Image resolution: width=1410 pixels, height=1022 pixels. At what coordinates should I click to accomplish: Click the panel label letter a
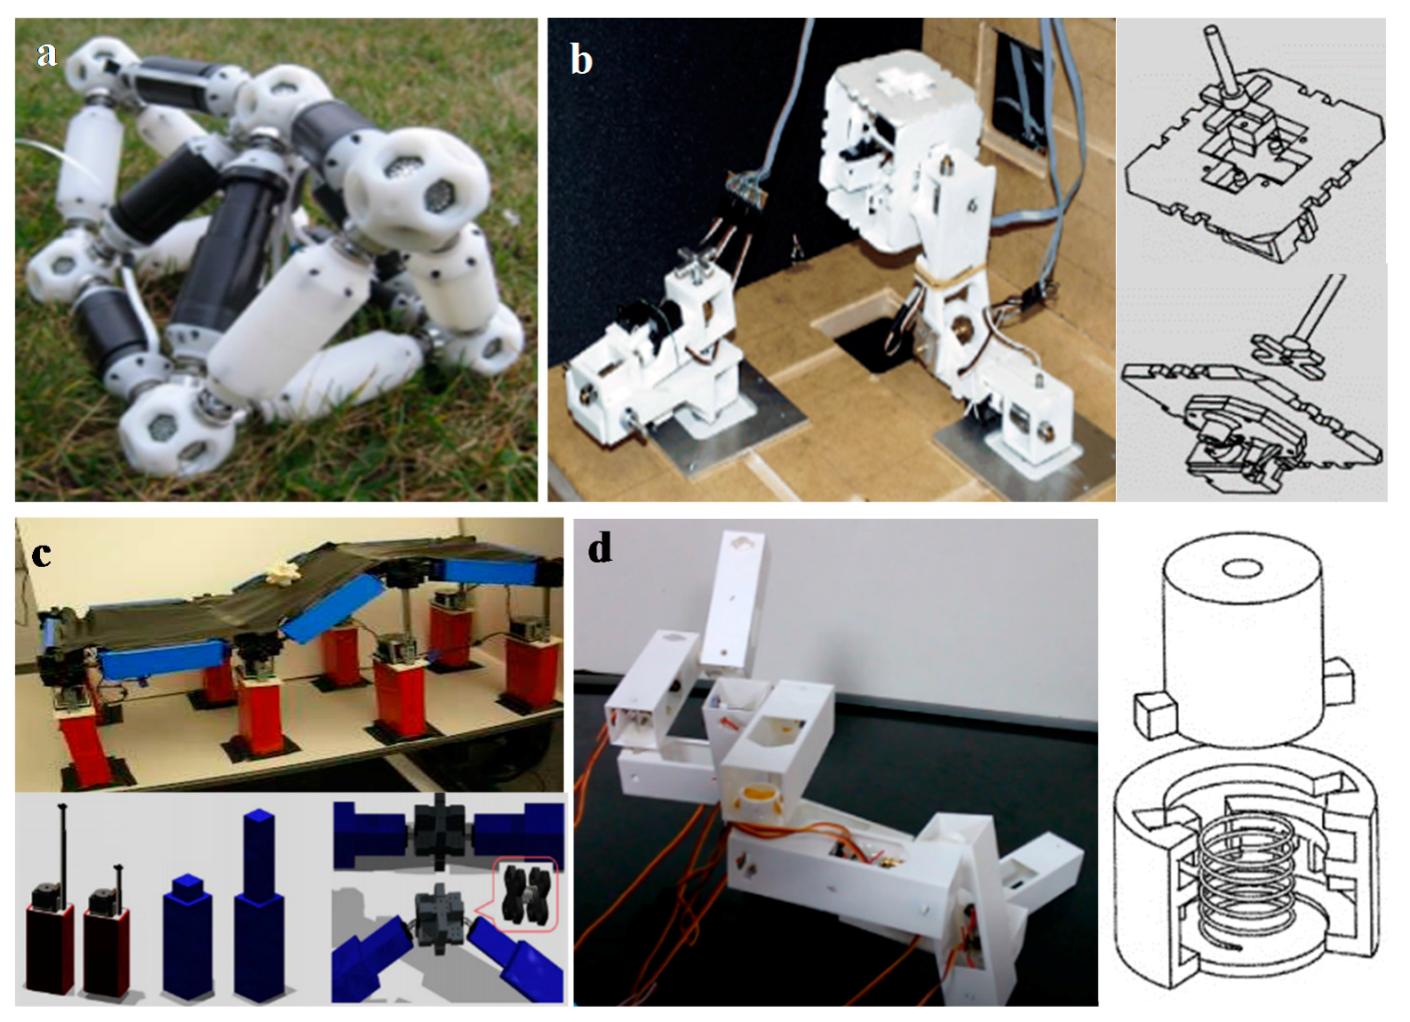[x=46, y=55]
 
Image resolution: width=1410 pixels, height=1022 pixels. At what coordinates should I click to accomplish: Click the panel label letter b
[x=581, y=60]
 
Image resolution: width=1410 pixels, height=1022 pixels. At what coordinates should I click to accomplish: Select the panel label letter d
[x=600, y=548]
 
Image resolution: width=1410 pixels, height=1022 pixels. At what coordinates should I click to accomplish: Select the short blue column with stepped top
[x=188, y=933]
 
